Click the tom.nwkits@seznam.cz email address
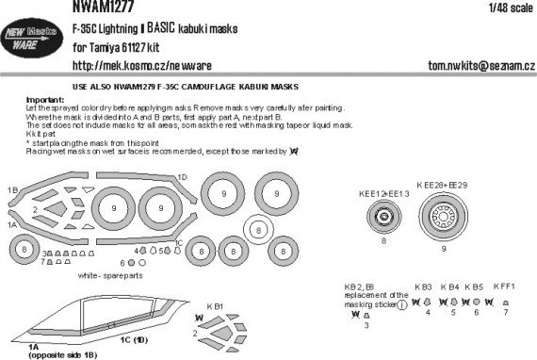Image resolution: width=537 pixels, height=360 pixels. [464, 68]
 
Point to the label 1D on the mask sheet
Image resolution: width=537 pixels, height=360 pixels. [182, 177]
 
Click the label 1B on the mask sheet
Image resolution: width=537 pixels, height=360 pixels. [13, 190]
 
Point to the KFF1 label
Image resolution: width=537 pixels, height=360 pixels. [508, 284]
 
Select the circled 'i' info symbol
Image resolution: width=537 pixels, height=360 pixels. [401, 304]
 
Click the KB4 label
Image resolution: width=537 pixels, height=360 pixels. [451, 284]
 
